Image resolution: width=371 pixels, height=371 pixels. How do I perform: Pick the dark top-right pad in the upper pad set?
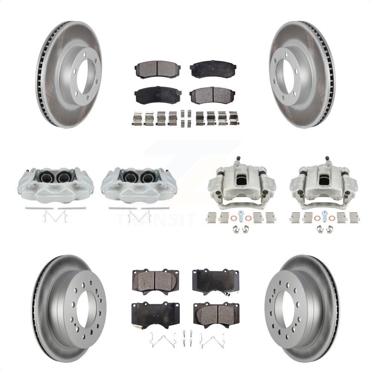click(x=213, y=69)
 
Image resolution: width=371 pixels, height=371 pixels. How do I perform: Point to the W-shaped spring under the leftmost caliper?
click(x=55, y=216)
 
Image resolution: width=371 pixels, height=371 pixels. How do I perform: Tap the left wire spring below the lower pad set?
click(x=162, y=340)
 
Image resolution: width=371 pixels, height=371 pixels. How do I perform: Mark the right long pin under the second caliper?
click(x=155, y=208)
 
